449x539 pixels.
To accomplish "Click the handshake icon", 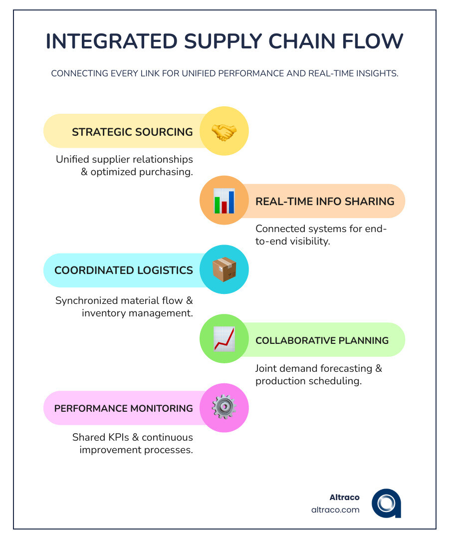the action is [x=224, y=132].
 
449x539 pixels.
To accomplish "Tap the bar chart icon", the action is [x=224, y=201].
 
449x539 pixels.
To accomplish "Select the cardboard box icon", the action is [x=224, y=269].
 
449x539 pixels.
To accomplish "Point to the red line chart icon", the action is [x=224, y=339].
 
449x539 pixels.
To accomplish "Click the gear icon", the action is [x=224, y=407].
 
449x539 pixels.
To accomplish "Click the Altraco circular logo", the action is [x=386, y=503].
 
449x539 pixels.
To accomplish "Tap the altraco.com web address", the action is [x=335, y=510].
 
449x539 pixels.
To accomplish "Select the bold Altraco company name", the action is [x=345, y=498].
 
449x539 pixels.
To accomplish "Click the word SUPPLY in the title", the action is [x=223, y=41].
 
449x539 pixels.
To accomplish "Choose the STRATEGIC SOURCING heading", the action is [x=132, y=132].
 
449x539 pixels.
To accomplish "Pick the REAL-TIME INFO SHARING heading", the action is [x=325, y=202].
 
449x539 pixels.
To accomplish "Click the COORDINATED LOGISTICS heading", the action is [x=124, y=270].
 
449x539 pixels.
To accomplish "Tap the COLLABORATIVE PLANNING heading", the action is [x=322, y=341].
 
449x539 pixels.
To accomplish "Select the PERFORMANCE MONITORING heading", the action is [x=124, y=408].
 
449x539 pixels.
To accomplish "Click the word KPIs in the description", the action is [x=119, y=437].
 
